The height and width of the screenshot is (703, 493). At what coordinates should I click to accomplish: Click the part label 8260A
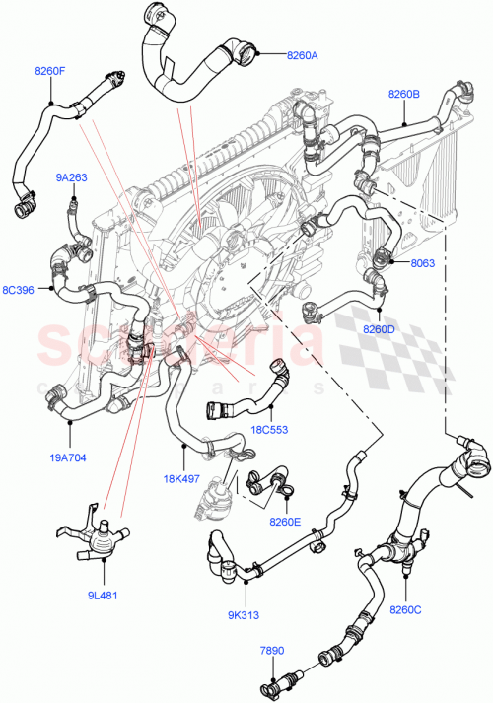[x=303, y=56]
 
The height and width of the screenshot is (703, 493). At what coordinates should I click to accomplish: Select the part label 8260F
[x=50, y=71]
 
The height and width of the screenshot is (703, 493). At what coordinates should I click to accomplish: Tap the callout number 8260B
[x=404, y=95]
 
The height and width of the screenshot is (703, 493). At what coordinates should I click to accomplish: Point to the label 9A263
[x=71, y=178]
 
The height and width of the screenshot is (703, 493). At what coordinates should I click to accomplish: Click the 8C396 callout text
[x=19, y=290]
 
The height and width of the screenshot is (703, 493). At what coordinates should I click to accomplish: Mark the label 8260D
[x=379, y=328]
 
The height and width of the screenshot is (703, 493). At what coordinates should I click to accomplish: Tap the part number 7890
[x=271, y=651]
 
